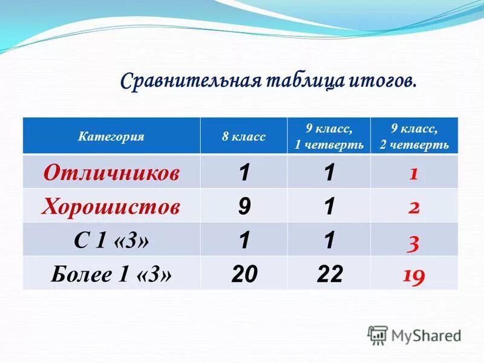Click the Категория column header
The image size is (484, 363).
pos(111,137)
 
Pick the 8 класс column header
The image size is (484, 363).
pos(244,137)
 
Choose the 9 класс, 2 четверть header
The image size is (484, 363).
pos(414,137)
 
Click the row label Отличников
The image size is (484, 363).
pos(111,173)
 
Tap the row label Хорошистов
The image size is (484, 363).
pos(111,207)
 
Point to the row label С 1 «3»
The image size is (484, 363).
pos(111,241)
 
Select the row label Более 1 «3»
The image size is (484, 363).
pos(111,275)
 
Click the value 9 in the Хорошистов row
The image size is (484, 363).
pos(244,207)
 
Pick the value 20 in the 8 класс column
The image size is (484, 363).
pos(244,275)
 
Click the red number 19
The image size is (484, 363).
pos(414,276)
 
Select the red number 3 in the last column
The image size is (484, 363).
pos(414,242)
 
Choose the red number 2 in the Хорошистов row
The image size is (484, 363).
pos(414,208)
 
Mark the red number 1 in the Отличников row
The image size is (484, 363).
pos(414,174)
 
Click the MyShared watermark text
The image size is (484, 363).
pos(427,335)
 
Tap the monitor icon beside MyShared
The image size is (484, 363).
pos(378,335)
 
